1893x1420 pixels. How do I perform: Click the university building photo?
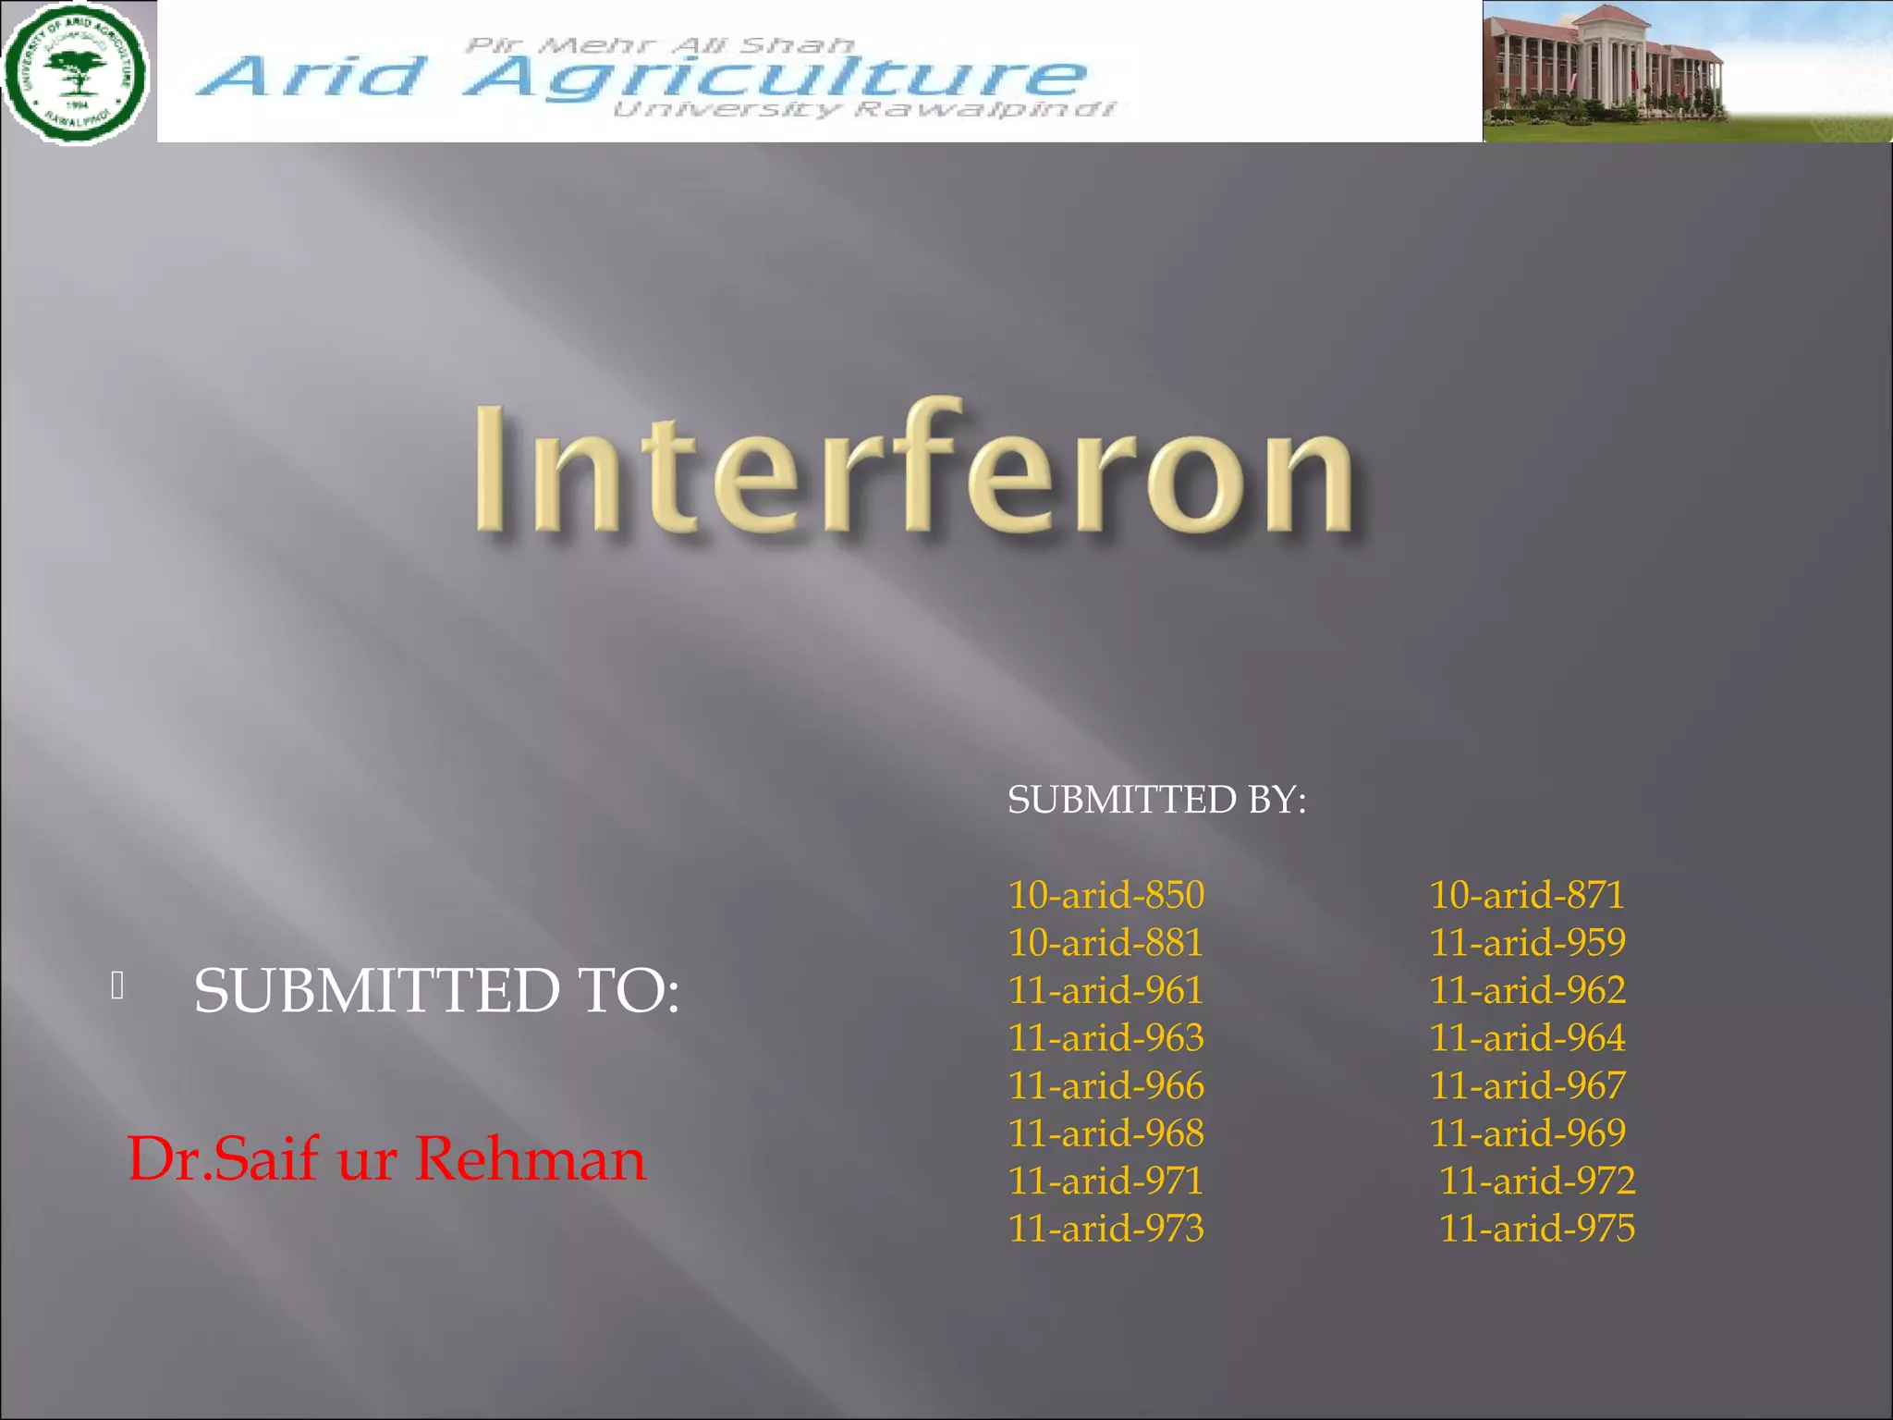click(x=1687, y=72)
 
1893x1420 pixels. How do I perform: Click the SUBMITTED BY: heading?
click(x=1156, y=800)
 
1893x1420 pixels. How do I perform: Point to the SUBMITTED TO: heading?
click(x=436, y=991)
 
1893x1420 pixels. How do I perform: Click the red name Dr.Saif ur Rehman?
click(x=386, y=1158)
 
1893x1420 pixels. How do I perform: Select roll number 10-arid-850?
click(x=1105, y=895)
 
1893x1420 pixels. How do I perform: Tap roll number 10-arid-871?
click(x=1526, y=895)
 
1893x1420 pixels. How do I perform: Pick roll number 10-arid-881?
click(x=1105, y=943)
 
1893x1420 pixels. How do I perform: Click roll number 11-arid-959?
click(x=1527, y=943)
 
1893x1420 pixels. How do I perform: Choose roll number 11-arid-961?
click(x=1105, y=990)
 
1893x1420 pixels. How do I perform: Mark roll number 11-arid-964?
click(x=1527, y=1038)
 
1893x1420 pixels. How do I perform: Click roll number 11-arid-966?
click(x=1105, y=1086)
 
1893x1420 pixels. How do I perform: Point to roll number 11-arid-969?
click(x=1527, y=1133)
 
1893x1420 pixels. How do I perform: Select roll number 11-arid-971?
click(x=1105, y=1181)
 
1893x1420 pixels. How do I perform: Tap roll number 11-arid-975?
click(x=1537, y=1229)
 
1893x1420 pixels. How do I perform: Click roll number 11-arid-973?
click(x=1105, y=1229)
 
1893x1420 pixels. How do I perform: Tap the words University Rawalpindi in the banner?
click(x=864, y=110)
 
